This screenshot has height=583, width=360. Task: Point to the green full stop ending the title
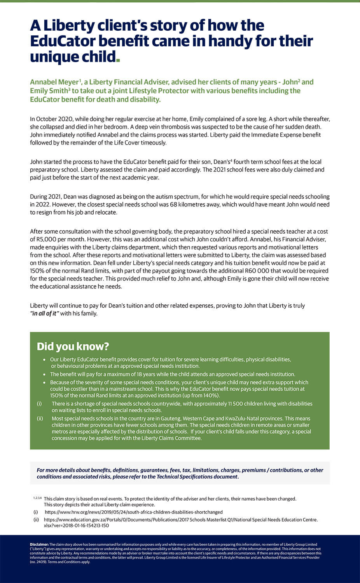[118, 60]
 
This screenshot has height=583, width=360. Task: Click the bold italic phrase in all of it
[44, 314]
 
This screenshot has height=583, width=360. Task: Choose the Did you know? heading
[73, 346]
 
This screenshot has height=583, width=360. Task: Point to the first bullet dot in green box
[45, 360]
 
